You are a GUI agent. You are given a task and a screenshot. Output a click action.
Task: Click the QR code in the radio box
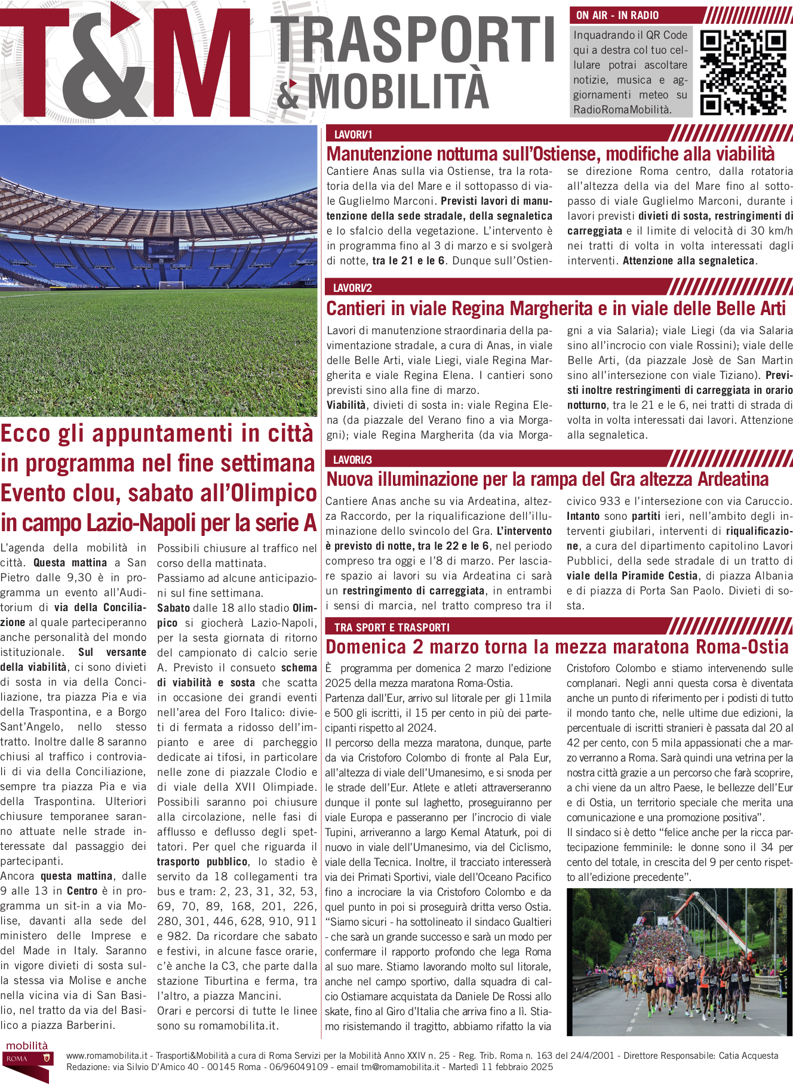[743, 72]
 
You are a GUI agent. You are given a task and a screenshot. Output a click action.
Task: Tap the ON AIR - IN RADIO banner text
[617, 16]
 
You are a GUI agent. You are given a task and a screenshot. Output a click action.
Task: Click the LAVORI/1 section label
[353, 135]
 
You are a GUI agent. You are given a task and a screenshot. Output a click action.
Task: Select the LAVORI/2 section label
[352, 288]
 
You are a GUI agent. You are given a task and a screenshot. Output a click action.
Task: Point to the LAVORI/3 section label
[352, 460]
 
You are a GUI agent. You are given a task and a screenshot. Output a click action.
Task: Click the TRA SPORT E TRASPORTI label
[392, 627]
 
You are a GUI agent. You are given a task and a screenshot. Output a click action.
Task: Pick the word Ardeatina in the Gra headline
[733, 479]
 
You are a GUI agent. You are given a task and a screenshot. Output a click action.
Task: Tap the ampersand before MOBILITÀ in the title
[288, 94]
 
